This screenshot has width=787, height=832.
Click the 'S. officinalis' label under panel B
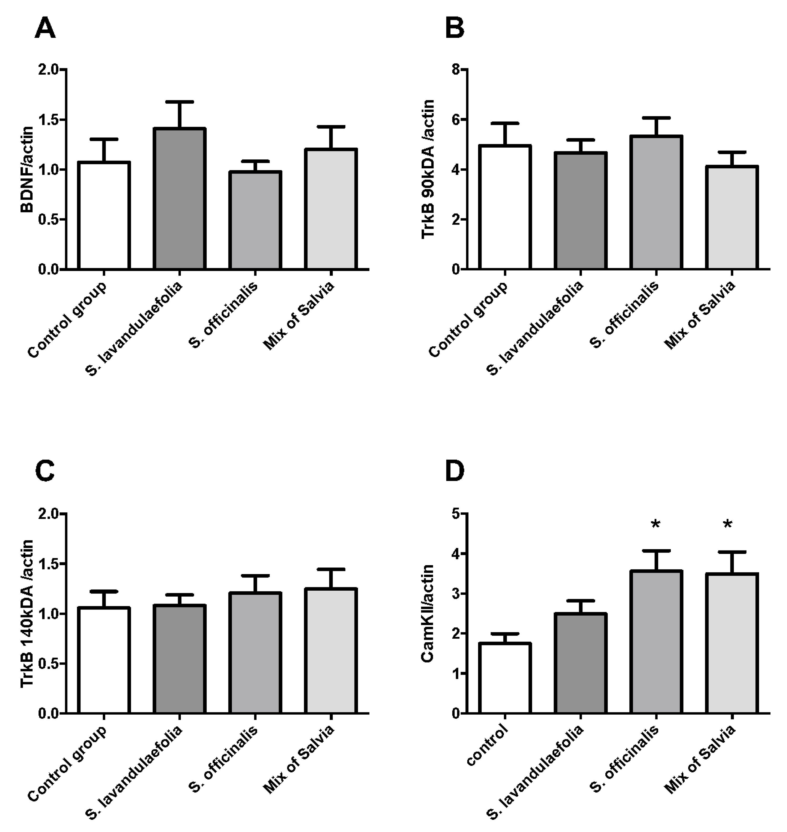(625, 314)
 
